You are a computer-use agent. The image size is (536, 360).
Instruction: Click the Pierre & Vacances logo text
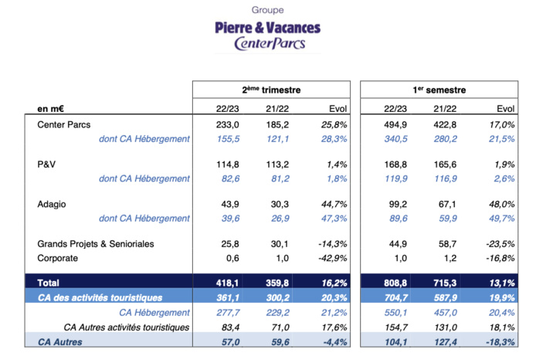coord(267,28)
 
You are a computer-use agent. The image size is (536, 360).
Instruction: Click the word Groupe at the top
coord(267,10)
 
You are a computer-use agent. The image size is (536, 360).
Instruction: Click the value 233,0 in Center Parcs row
coord(218,125)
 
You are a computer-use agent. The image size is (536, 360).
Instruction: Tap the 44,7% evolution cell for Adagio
coord(331,205)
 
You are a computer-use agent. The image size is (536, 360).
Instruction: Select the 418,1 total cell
coord(218,284)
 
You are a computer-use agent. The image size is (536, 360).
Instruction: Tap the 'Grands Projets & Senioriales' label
coord(96,244)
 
